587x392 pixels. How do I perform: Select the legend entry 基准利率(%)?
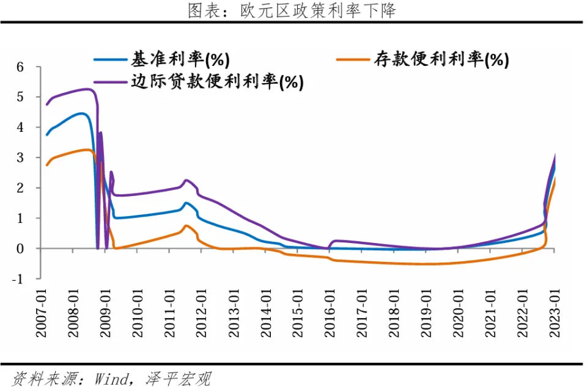[x=180, y=59]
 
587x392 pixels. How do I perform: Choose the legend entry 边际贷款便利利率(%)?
[x=217, y=81]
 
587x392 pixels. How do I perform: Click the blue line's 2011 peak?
[x=186, y=203]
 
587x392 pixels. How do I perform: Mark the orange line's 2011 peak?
[x=186, y=226]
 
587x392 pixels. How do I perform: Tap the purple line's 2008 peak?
[x=87, y=89]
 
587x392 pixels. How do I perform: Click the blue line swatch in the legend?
[x=110, y=59]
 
